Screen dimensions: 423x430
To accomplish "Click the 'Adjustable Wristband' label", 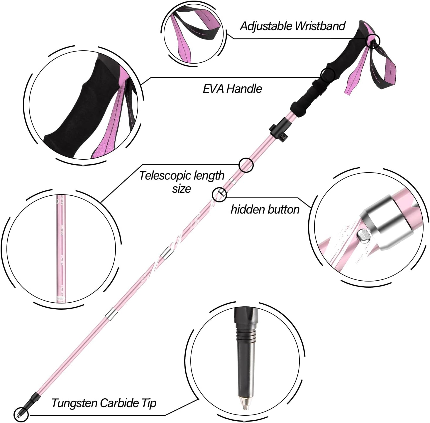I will click(292, 26).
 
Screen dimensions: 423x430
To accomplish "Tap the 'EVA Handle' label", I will click(232, 89).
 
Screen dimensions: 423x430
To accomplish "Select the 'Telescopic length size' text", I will click(182, 182).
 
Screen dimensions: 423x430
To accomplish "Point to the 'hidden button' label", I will click(265, 209).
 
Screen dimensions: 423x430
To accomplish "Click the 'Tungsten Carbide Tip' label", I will click(104, 403).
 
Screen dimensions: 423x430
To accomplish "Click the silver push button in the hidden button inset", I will click(363, 236).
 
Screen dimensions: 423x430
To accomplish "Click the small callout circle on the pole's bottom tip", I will click(21, 415).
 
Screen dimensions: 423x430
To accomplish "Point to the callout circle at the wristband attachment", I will click(373, 41).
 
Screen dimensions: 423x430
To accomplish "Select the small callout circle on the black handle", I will click(327, 75).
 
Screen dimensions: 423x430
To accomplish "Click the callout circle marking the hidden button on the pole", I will click(219, 194).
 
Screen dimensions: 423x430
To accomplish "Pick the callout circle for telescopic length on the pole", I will click(246, 165).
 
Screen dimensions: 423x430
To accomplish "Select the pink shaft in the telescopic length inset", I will click(61, 249).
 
